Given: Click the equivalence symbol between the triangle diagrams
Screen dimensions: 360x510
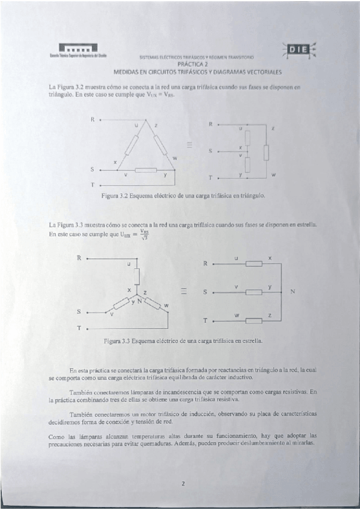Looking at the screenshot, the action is tap(189, 144).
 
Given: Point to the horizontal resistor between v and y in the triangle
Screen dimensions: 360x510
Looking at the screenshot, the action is tap(145, 170).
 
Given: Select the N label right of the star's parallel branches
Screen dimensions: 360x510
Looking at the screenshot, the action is tap(293, 292).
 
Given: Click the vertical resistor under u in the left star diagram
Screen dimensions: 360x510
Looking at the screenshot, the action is tap(137, 276).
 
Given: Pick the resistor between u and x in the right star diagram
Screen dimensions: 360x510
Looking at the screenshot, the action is tap(254, 263).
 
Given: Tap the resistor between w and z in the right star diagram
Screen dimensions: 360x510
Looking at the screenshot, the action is tap(254, 321).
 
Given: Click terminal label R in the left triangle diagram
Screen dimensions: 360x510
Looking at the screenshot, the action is tap(93, 119).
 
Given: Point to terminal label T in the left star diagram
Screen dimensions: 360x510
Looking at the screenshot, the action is tap(79, 328).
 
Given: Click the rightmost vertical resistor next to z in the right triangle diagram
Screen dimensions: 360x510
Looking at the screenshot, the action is tap(266, 153).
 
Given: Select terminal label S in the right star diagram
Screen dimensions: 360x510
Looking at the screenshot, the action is tap(205, 292).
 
